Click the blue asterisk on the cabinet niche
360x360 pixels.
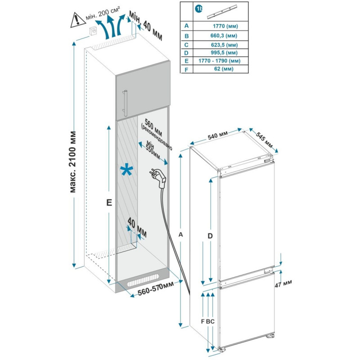click(126, 171)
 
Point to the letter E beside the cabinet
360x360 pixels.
click(108, 203)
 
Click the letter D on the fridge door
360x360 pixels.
click(210, 236)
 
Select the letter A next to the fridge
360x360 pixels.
click(181, 234)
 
